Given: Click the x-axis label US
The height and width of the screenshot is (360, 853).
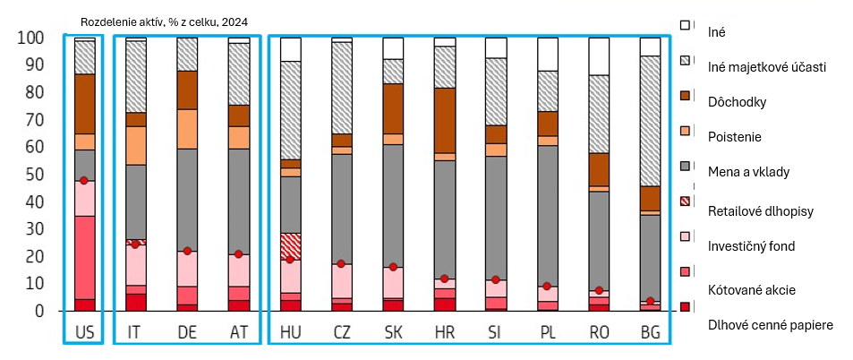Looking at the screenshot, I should pyautogui.click(x=85, y=332).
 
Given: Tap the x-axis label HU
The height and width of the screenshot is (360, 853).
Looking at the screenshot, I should pyautogui.click(x=291, y=332).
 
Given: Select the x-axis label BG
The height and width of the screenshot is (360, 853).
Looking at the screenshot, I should pyautogui.click(x=650, y=332).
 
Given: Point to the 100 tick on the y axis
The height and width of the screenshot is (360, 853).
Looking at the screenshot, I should pyautogui.click(x=30, y=39).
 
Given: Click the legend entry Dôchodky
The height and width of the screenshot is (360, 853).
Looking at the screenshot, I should pyautogui.click(x=738, y=101).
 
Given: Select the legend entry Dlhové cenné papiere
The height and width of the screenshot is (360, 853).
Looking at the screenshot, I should pyautogui.click(x=769, y=324).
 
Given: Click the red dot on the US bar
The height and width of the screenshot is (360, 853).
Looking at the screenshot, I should pyautogui.click(x=84, y=181).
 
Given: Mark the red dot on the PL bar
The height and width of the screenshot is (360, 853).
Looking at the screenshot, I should pyautogui.click(x=547, y=286).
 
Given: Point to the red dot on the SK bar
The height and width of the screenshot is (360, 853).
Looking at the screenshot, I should pyautogui.click(x=393, y=267).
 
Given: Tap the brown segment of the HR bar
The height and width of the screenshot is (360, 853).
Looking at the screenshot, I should pyautogui.click(x=444, y=120).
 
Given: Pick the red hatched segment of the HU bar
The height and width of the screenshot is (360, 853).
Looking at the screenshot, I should pyautogui.click(x=290, y=245).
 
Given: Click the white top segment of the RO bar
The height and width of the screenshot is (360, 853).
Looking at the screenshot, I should pyautogui.click(x=599, y=56).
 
